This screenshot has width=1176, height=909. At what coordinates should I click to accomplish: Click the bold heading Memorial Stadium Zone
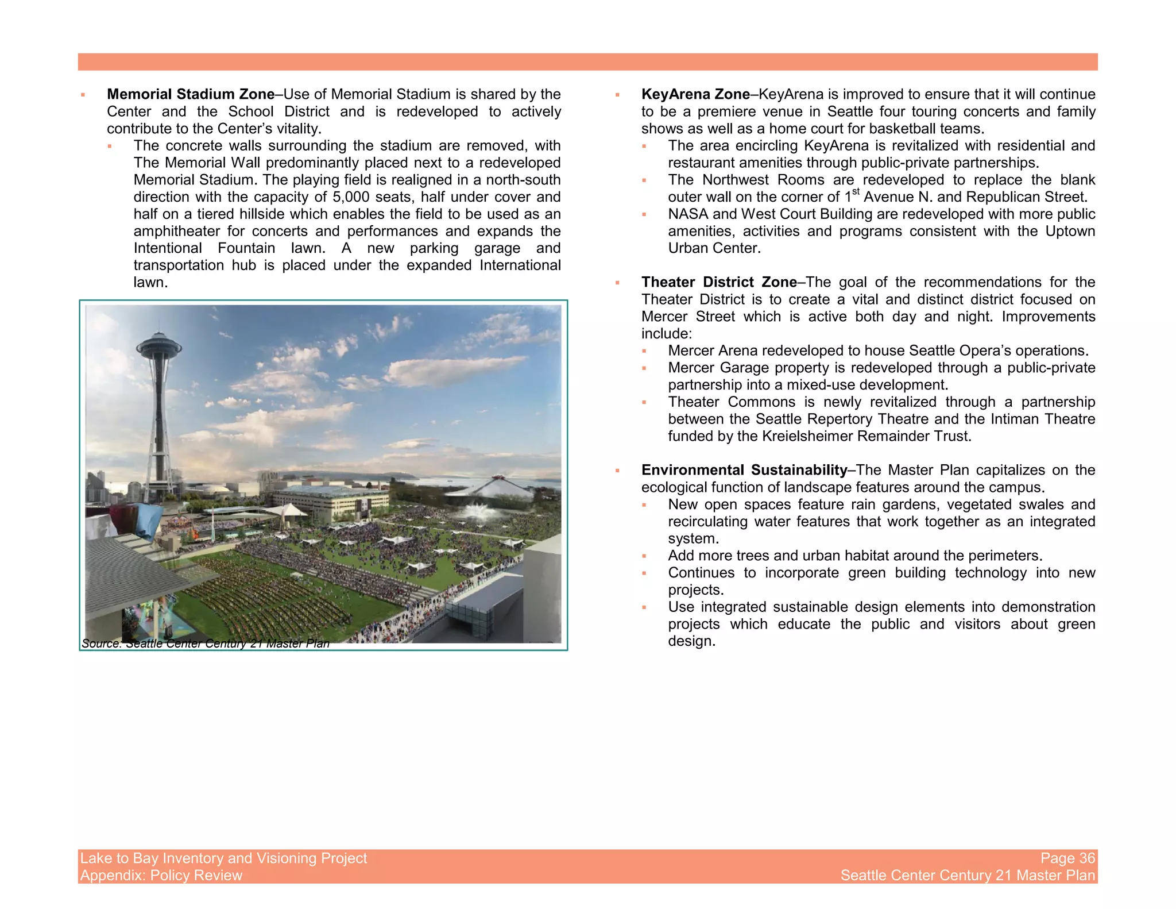coord(191,94)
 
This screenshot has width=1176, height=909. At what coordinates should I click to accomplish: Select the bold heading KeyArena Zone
coord(695,94)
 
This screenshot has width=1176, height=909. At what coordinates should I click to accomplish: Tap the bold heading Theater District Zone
coord(719,282)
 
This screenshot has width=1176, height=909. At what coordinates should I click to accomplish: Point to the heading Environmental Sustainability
coord(744,470)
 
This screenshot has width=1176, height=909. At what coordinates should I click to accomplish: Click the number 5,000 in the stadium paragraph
coord(351,197)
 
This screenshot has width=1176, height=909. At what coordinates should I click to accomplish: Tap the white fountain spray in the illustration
coord(476,511)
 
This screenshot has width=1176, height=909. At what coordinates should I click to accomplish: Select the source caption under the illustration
coord(206,644)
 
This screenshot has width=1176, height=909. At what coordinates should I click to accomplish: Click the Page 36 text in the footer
coord(1067,858)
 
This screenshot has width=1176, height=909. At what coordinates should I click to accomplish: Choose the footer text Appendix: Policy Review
coord(161,876)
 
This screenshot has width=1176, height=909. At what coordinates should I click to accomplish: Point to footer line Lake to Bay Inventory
coord(223,858)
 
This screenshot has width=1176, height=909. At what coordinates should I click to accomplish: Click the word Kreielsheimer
coord(807,436)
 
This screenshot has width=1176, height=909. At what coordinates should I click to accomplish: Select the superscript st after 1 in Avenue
coord(856,192)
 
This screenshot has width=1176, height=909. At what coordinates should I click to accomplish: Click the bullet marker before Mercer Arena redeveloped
coord(644,351)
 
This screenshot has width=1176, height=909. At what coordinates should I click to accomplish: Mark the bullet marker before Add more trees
coord(644,556)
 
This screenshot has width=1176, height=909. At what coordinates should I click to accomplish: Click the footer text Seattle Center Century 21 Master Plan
coord(968,876)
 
